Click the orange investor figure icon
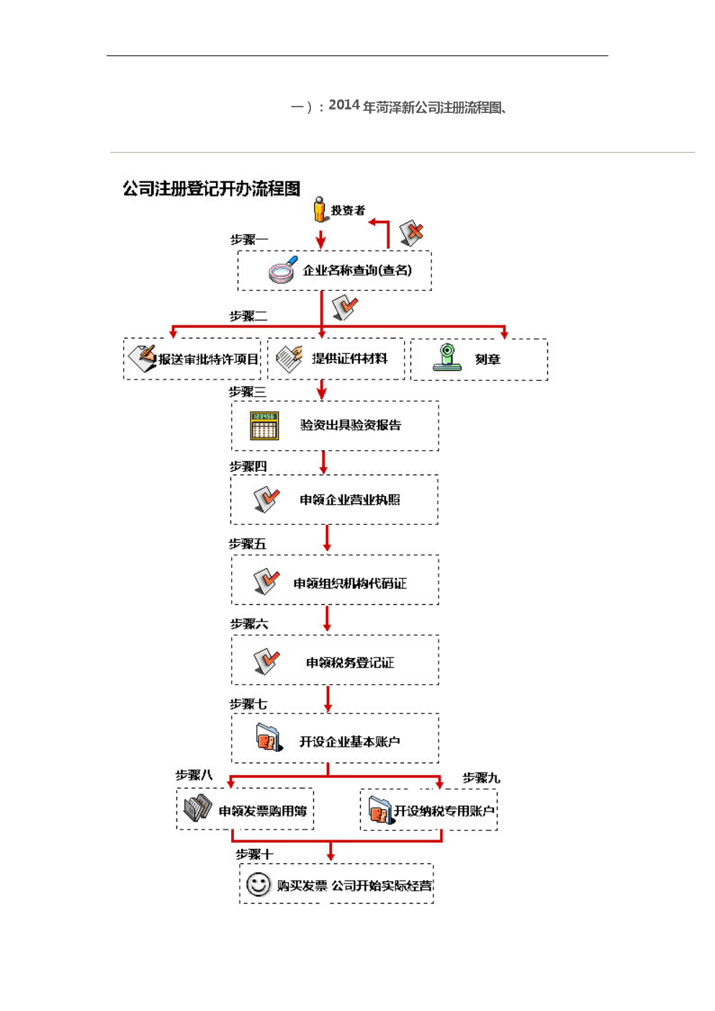coord(320,210)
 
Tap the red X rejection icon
coord(412,233)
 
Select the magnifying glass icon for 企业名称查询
coord(283,270)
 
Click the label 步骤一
coord(248,239)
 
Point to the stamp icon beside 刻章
coord(447,358)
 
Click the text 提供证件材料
coord(349,359)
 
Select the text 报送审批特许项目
coord(208,359)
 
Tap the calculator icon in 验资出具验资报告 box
coord(264,426)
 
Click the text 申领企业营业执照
coord(350,500)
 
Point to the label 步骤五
coord(248,544)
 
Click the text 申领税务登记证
coord(350,662)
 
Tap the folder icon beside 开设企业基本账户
coord(269,738)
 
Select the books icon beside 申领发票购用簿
coord(197,808)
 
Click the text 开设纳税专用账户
coord(444,811)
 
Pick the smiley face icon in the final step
coord(258,884)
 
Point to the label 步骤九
coord(481,778)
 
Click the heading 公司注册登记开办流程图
coord(211,189)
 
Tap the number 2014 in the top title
coord(344,105)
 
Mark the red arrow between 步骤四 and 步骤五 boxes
coord(327,538)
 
